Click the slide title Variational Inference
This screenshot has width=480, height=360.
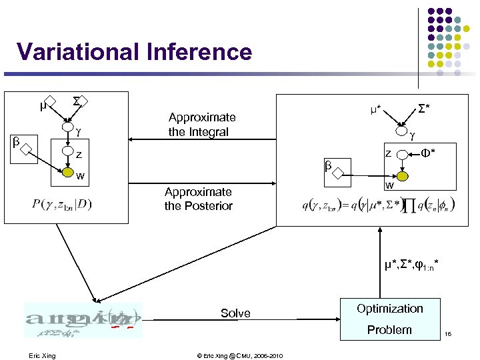pyautogui.click(x=135, y=51)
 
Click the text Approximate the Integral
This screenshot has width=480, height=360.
pyautogui.click(x=202, y=125)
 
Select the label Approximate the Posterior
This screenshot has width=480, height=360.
pyautogui.click(x=198, y=199)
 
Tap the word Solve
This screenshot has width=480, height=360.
pyautogui.click(x=235, y=313)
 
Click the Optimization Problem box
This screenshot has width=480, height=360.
pyautogui.click(x=390, y=319)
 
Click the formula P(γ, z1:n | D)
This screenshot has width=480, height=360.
pyautogui.click(x=61, y=204)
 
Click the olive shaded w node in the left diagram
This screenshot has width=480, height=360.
pyautogui.click(x=67, y=175)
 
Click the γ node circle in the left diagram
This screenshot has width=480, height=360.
pyautogui.click(x=67, y=127)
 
